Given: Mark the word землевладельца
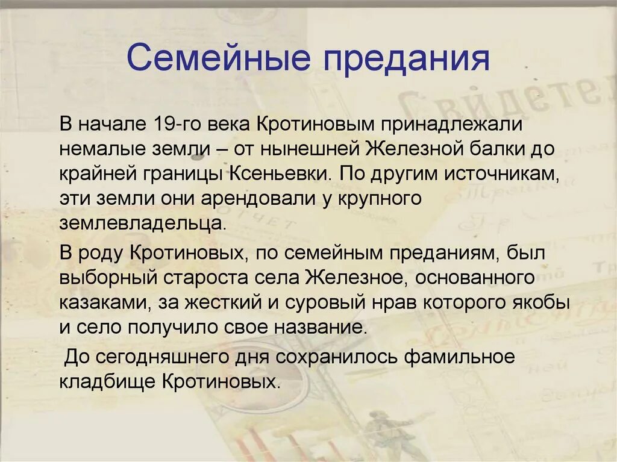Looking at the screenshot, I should coord(142,223).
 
